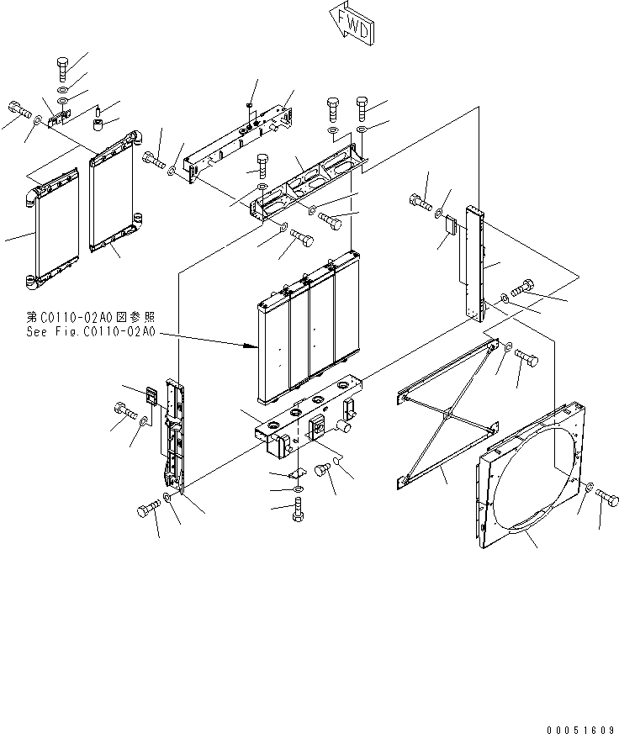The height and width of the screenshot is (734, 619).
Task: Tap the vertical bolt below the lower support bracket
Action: pyautogui.click(x=297, y=510)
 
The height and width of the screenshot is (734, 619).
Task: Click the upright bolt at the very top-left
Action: pyautogui.click(x=64, y=66)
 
